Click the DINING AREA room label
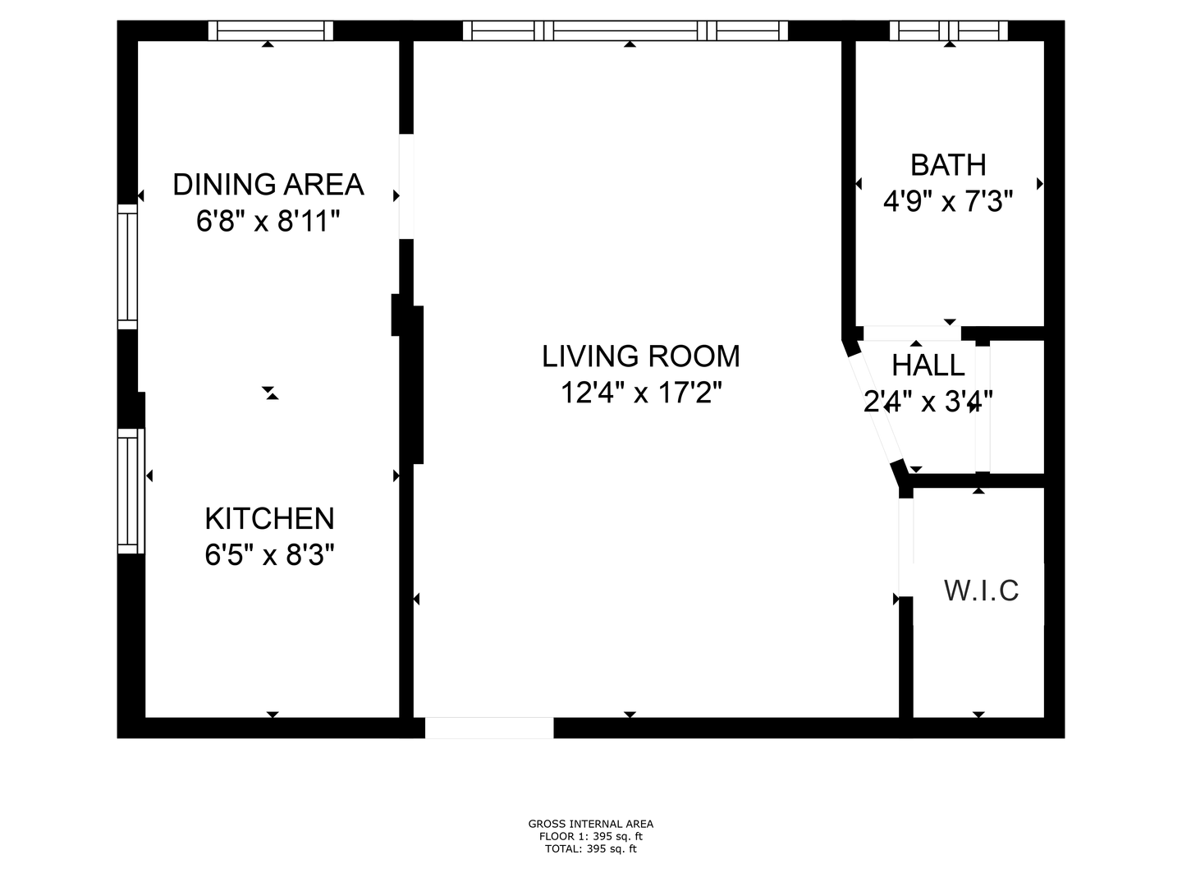click(x=268, y=185)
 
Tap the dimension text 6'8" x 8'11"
click(x=268, y=221)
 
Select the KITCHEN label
click(x=270, y=518)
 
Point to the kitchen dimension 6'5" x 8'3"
click(x=270, y=554)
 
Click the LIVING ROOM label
click(x=641, y=356)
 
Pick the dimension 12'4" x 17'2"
click(x=641, y=392)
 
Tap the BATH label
click(x=948, y=165)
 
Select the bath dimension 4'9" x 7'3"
click(x=948, y=201)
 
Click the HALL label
click(x=928, y=365)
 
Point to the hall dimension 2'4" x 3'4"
click(x=928, y=402)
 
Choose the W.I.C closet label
click(x=981, y=591)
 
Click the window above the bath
click(x=948, y=30)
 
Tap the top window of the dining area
click(x=271, y=30)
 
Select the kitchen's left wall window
click(x=131, y=491)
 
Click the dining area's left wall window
click(x=127, y=267)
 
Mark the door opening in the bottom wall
click(x=489, y=728)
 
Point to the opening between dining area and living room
click(x=406, y=186)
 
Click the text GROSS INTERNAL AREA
click(x=591, y=824)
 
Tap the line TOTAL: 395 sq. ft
click(x=591, y=848)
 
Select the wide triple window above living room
click(x=625, y=30)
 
